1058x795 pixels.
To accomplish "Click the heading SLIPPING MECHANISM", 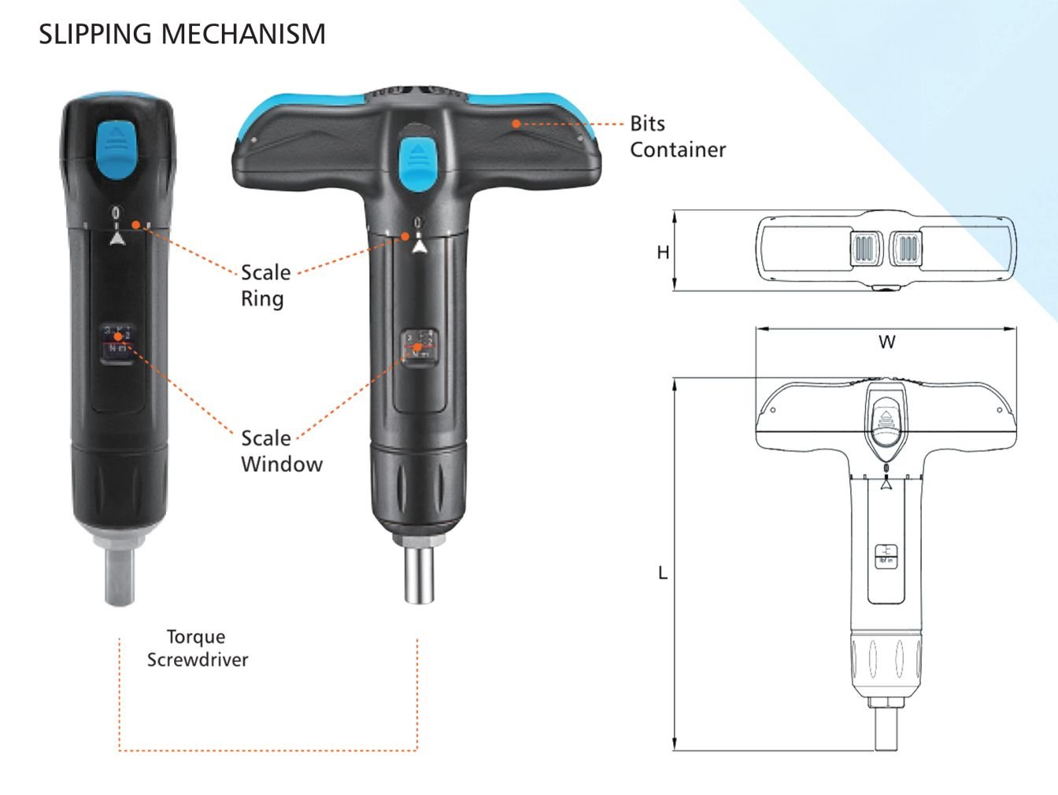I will click(x=182, y=34).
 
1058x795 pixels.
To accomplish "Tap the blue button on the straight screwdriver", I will click(x=117, y=149).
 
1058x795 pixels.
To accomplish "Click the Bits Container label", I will click(x=677, y=136).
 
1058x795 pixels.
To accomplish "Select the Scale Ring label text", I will click(x=265, y=285).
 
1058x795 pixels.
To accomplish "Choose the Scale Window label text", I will click(x=281, y=451).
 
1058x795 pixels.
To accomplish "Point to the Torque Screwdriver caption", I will click(x=197, y=648).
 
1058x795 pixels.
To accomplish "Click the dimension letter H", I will click(x=663, y=252).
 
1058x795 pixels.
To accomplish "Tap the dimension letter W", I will click(x=886, y=342).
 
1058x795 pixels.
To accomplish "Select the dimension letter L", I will click(x=663, y=573).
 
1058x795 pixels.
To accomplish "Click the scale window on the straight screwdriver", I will click(x=118, y=342).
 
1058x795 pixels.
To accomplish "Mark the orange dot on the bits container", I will click(x=516, y=124).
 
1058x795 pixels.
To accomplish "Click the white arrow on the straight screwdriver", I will click(x=117, y=238).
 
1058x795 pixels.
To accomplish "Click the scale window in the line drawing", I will click(x=886, y=556).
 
